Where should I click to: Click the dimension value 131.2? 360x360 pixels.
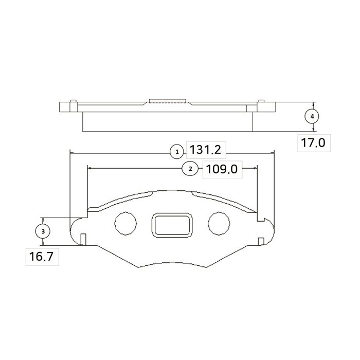click(206, 150)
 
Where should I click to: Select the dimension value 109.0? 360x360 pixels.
click(222, 169)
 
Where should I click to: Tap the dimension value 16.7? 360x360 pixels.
click(41, 257)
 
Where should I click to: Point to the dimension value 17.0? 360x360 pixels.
click(313, 143)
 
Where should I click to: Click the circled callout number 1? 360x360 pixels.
click(177, 152)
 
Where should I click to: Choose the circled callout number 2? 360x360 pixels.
click(190, 169)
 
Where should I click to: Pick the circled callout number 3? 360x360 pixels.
click(43, 231)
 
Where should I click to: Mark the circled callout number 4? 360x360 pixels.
click(312, 117)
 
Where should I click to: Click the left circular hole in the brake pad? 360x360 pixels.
click(126, 223)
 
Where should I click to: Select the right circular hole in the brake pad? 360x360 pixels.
click(219, 223)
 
